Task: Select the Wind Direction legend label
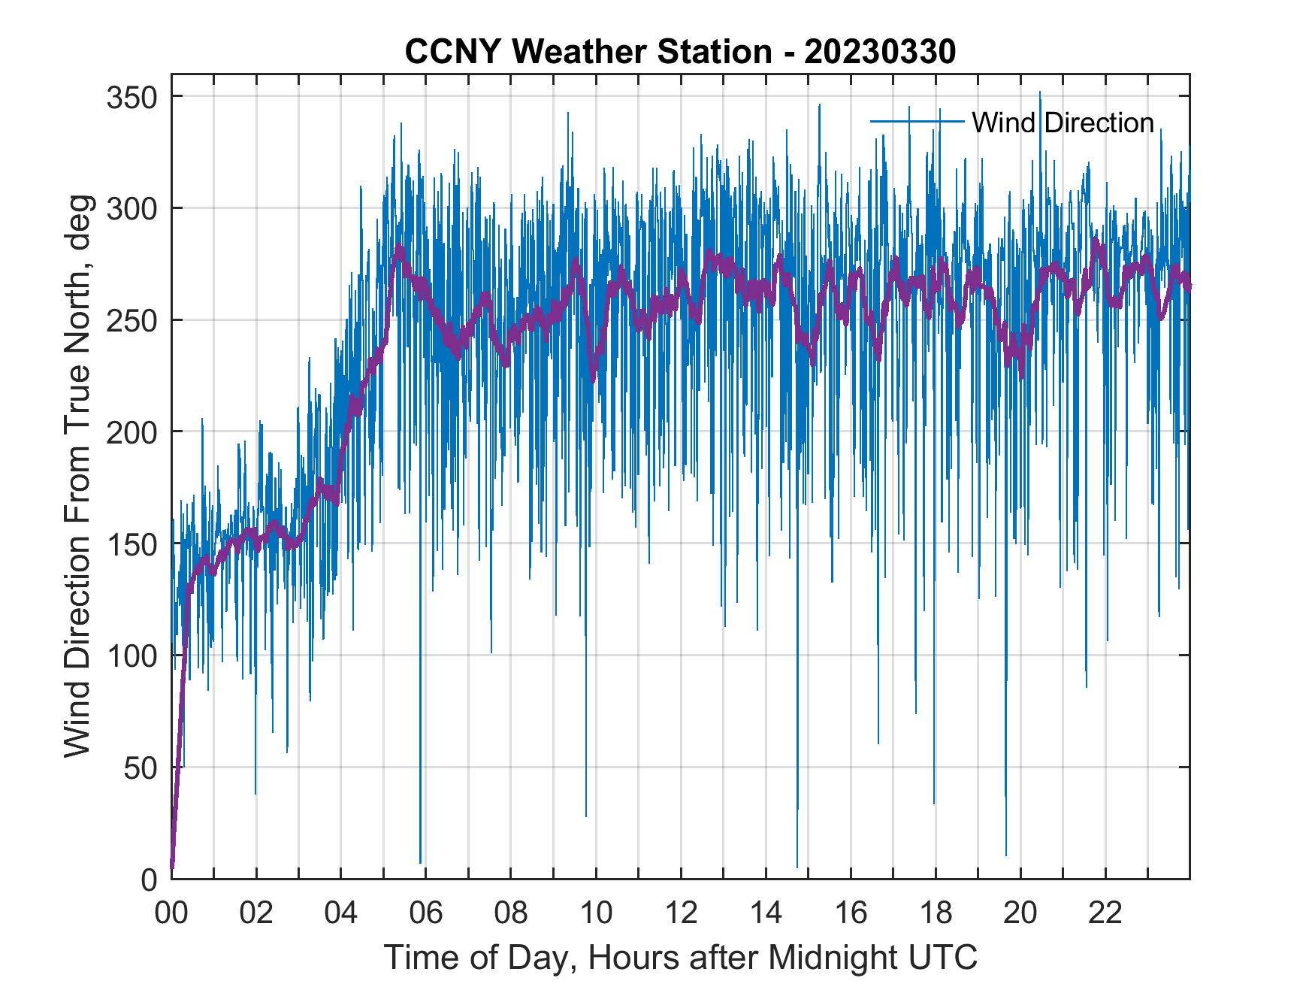(x=1063, y=123)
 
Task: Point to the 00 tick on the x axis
(x=171, y=913)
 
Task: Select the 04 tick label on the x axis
(x=341, y=913)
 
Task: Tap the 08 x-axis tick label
(x=511, y=913)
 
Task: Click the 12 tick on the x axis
(x=681, y=913)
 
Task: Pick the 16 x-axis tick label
(x=851, y=913)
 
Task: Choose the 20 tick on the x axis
(x=1020, y=913)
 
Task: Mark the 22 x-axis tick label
(x=1105, y=913)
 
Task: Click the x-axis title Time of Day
(x=680, y=957)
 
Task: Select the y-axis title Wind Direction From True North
(x=77, y=477)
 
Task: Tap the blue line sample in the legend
(x=917, y=121)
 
